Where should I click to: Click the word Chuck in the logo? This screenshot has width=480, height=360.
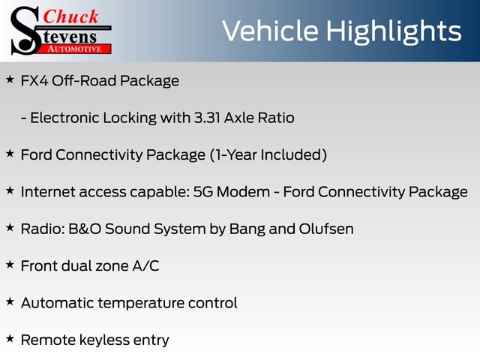(70, 16)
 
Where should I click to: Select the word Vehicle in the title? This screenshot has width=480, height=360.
(270, 31)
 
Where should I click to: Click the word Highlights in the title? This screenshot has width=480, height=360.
(393, 32)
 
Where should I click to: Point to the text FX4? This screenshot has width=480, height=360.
(34, 81)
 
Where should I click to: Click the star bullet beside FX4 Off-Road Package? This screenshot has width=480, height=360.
(10, 79)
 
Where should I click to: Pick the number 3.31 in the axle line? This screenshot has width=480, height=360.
(207, 118)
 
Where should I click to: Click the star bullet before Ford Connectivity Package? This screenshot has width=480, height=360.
(10, 153)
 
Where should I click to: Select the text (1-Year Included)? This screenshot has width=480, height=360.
(268, 155)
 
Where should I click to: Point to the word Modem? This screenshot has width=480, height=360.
(243, 192)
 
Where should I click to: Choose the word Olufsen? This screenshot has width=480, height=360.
(326, 229)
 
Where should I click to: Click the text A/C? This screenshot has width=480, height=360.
(145, 265)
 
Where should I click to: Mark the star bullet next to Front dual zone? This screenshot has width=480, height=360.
(10, 265)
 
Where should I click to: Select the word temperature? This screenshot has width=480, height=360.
(141, 303)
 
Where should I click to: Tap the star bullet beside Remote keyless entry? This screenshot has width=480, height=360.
(10, 338)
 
